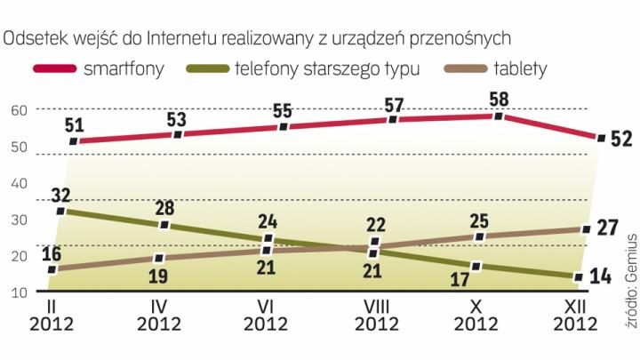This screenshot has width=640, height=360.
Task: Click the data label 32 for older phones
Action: tap(61, 193)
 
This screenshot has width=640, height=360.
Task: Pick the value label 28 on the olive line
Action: tap(164, 206)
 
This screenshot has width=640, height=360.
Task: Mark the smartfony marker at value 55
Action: tap(284, 127)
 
